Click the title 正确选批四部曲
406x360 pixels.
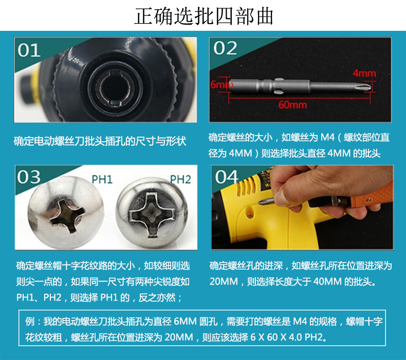click(x=204, y=16)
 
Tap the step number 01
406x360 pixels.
click(x=29, y=50)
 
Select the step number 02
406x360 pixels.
click(x=225, y=48)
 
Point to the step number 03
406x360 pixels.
click(x=29, y=177)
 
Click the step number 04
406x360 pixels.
click(x=226, y=177)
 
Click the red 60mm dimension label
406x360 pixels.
click(x=292, y=105)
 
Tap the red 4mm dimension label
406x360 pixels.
click(x=364, y=73)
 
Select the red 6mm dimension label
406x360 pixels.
click(x=222, y=85)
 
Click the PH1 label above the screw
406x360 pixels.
click(x=102, y=179)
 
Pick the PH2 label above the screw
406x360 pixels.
click(x=180, y=179)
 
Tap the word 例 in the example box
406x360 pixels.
click(x=30, y=321)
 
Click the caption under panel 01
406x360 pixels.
click(x=100, y=141)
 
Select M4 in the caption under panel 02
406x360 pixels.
click(x=327, y=137)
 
